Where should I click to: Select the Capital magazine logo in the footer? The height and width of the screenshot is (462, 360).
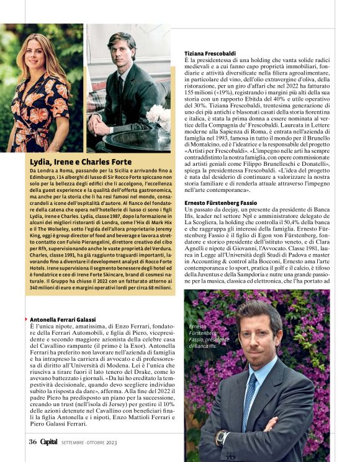49,442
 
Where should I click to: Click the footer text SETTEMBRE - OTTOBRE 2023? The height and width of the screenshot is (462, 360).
90,442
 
